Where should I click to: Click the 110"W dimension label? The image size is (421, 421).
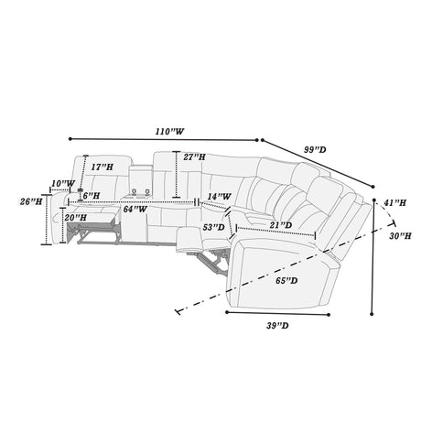(170, 132)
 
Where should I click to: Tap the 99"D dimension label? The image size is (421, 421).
(315, 150)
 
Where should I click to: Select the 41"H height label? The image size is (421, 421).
(394, 202)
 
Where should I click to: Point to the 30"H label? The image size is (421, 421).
(400, 236)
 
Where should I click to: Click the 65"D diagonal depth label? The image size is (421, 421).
(286, 281)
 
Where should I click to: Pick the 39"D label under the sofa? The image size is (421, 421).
(277, 326)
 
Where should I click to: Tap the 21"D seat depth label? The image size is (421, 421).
(281, 225)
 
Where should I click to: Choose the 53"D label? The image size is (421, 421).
(214, 227)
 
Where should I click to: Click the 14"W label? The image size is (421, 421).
(219, 197)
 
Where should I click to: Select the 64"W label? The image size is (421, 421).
(135, 210)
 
